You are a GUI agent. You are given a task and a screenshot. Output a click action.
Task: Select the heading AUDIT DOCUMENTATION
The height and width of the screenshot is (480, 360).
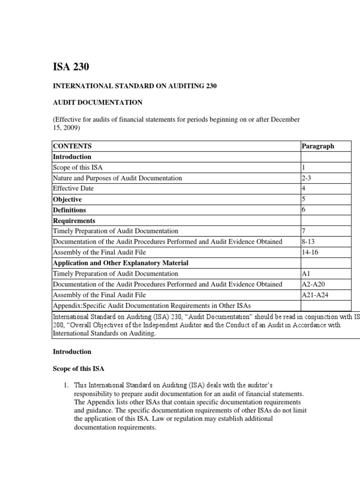pos(97,102)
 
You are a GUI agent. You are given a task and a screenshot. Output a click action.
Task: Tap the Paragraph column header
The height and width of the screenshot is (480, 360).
pos(318,146)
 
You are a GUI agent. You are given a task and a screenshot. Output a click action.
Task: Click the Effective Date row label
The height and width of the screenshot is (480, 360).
pos(73,188)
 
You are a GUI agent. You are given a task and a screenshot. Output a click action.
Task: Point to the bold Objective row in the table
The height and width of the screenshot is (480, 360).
pos(67,199)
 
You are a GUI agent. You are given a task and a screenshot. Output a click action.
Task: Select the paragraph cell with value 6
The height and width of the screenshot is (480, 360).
pos(303,210)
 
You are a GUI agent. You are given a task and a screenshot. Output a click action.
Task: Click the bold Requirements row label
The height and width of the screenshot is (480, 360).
pos(74,220)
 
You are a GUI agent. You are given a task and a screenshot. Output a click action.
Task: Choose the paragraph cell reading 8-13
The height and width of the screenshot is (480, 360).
pos(307,241)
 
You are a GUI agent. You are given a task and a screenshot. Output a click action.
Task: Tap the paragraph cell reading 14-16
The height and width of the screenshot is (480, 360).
pos(309,252)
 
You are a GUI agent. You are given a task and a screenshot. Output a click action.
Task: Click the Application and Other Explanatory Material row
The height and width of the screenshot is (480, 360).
pos(121,262)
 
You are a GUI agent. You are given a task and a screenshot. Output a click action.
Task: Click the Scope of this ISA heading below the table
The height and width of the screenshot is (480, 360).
pos(76,368)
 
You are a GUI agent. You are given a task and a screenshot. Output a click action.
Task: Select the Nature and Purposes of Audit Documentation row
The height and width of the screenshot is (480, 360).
pos(117,178)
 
